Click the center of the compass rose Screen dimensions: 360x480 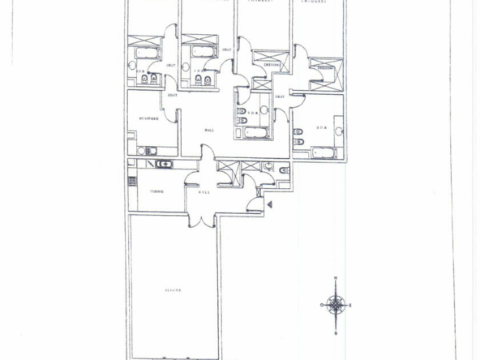[x=336, y=305]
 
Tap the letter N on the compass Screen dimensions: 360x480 [x=336, y=280]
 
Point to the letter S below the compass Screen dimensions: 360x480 [x=336, y=332]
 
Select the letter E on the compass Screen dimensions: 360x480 [x=349, y=305]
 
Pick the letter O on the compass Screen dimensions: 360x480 [x=322, y=305]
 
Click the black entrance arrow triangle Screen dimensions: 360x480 [x=270, y=204]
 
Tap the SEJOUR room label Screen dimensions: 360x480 [x=172, y=289]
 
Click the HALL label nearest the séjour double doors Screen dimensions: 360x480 [x=204, y=191]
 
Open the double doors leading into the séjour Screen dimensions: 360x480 [x=200, y=216]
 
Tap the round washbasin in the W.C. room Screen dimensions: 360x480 [x=268, y=165]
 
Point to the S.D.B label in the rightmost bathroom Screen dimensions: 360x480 [x=320, y=127]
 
